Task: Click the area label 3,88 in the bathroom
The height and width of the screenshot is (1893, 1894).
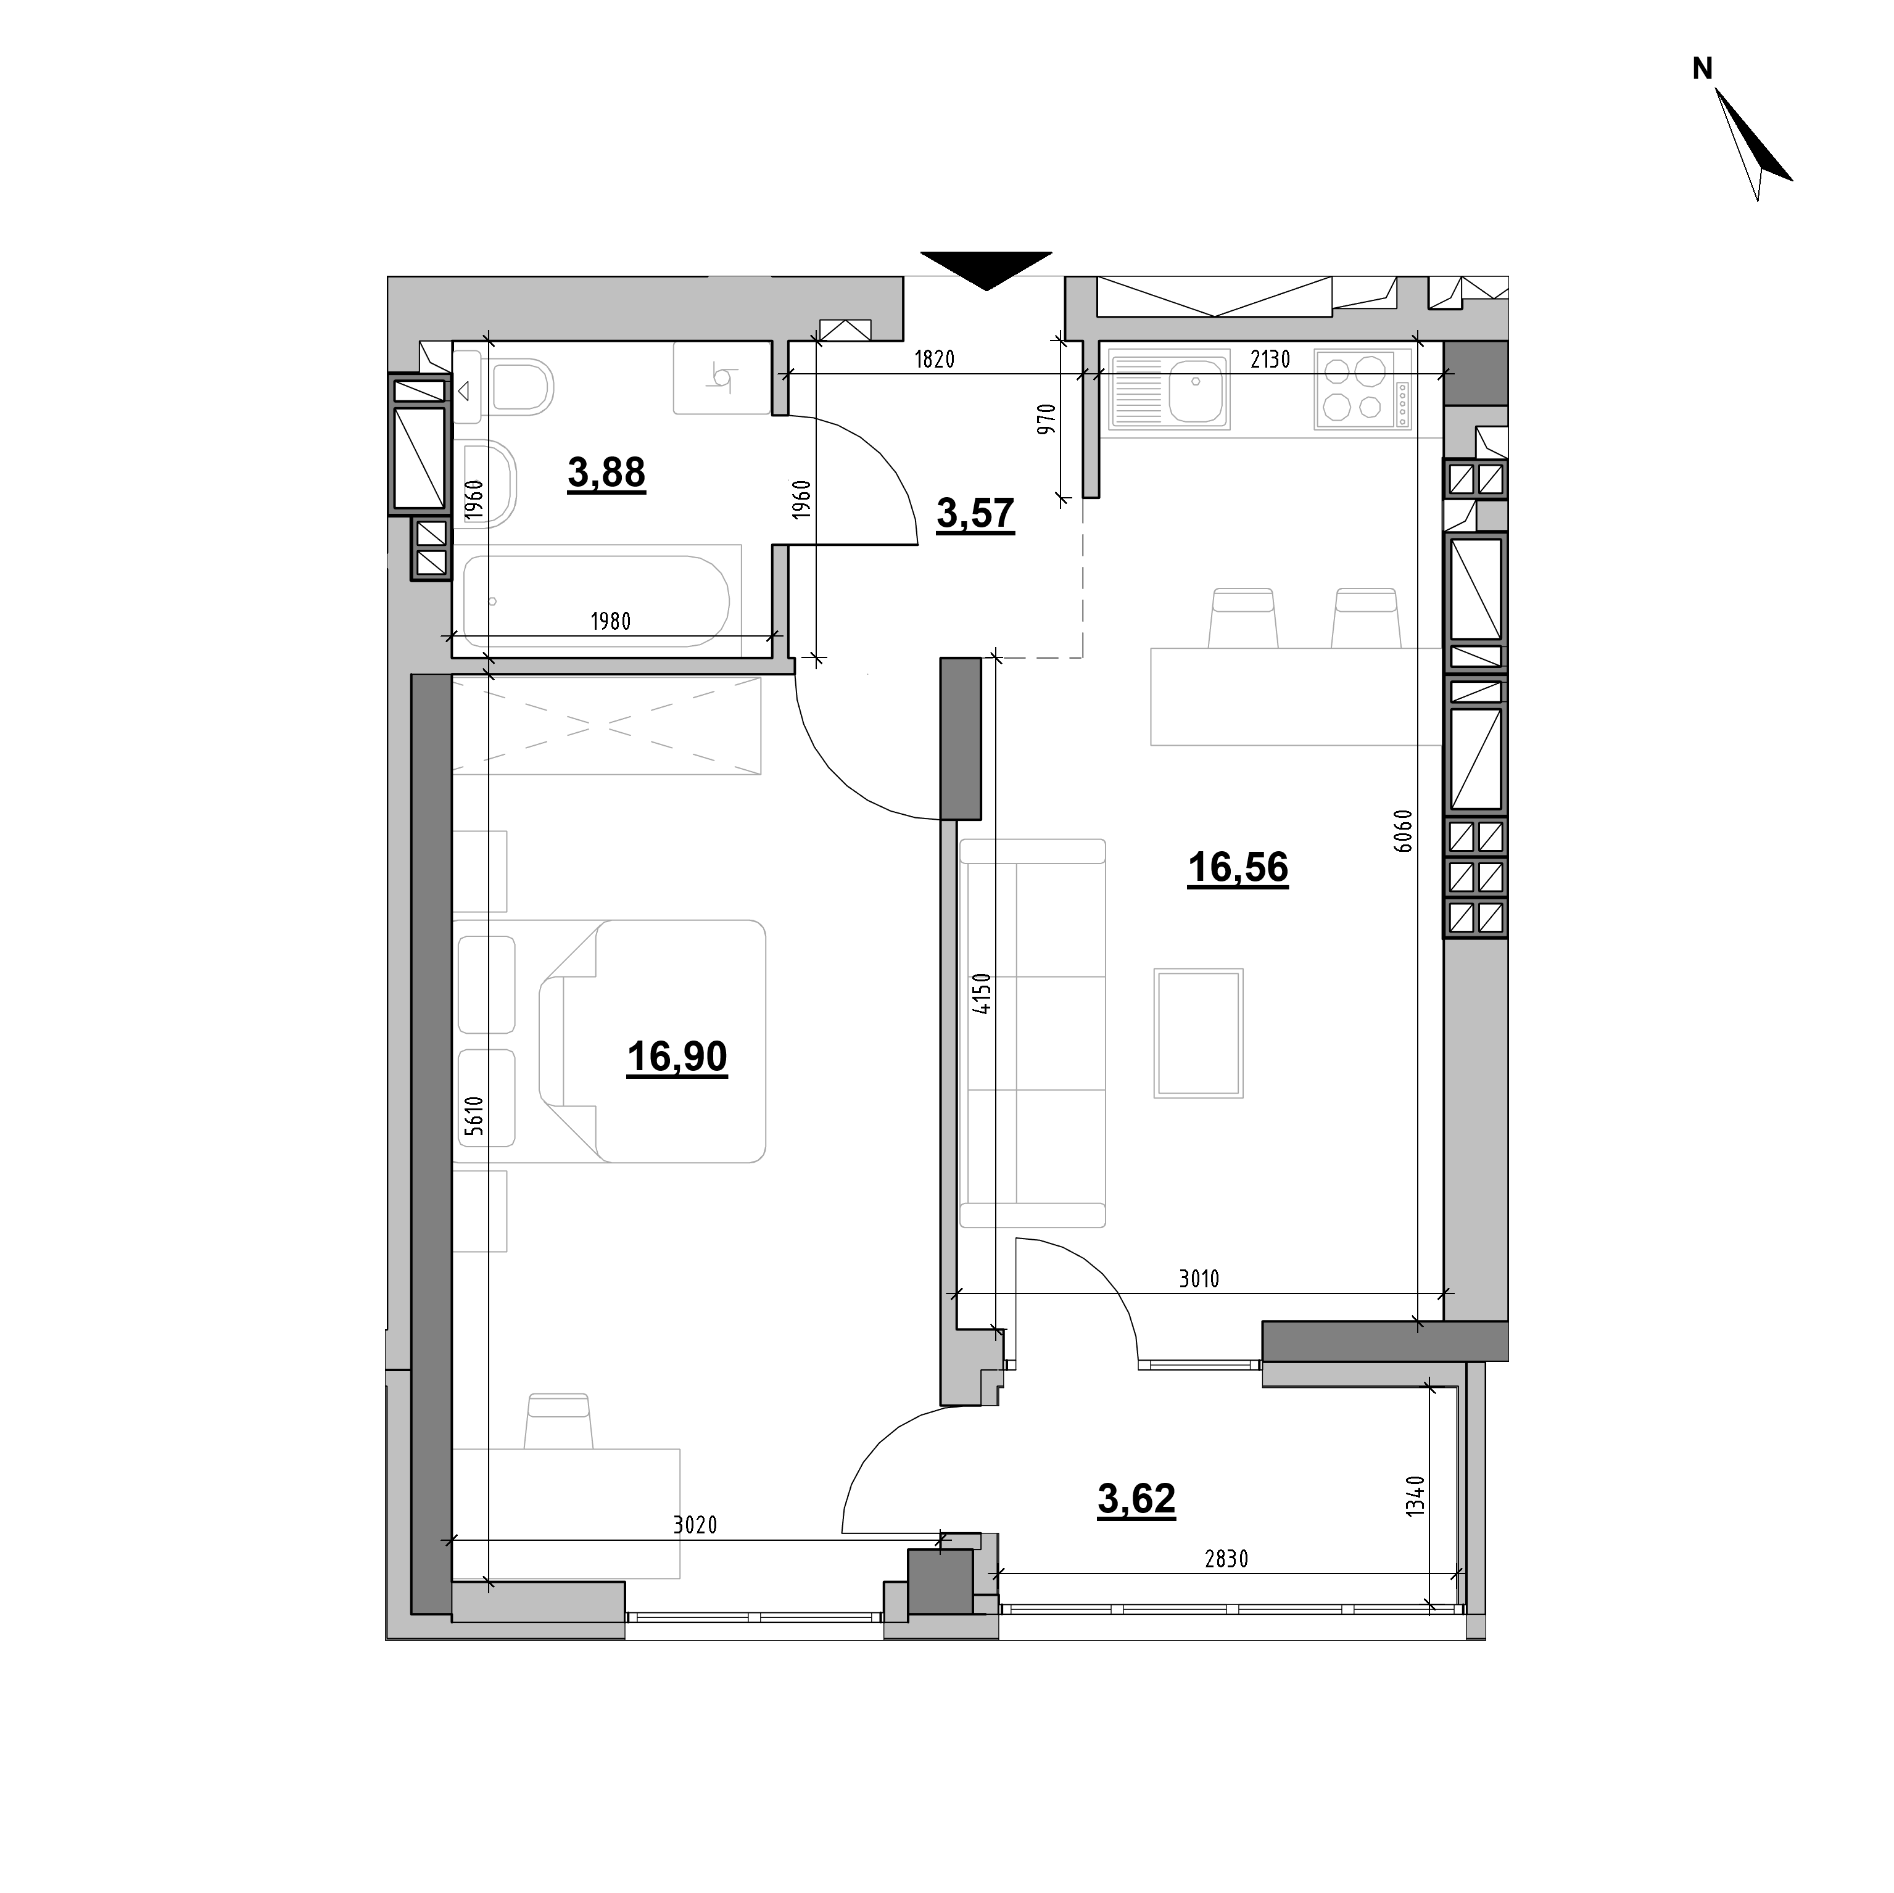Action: (607, 472)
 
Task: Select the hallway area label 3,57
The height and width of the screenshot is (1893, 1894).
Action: (975, 513)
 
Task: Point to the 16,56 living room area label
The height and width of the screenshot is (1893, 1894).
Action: (1238, 868)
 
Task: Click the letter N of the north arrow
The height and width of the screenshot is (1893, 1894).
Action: (1703, 68)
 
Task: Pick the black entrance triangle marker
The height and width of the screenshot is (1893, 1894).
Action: (986, 271)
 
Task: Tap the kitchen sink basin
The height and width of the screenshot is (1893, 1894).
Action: (1196, 388)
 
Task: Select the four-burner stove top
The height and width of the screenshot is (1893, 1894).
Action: (1363, 390)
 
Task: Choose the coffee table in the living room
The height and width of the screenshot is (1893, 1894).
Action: (1198, 1033)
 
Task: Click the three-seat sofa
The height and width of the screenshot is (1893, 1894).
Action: (1032, 1033)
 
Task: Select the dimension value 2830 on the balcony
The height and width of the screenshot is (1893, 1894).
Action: (1226, 1586)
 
